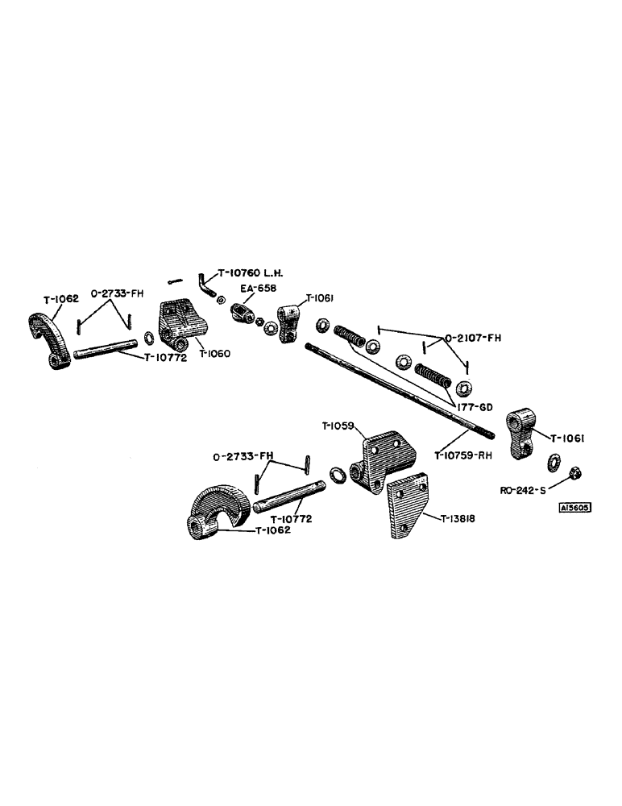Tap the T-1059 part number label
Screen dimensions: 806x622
338,427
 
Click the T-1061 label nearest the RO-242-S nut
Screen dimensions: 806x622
568,438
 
